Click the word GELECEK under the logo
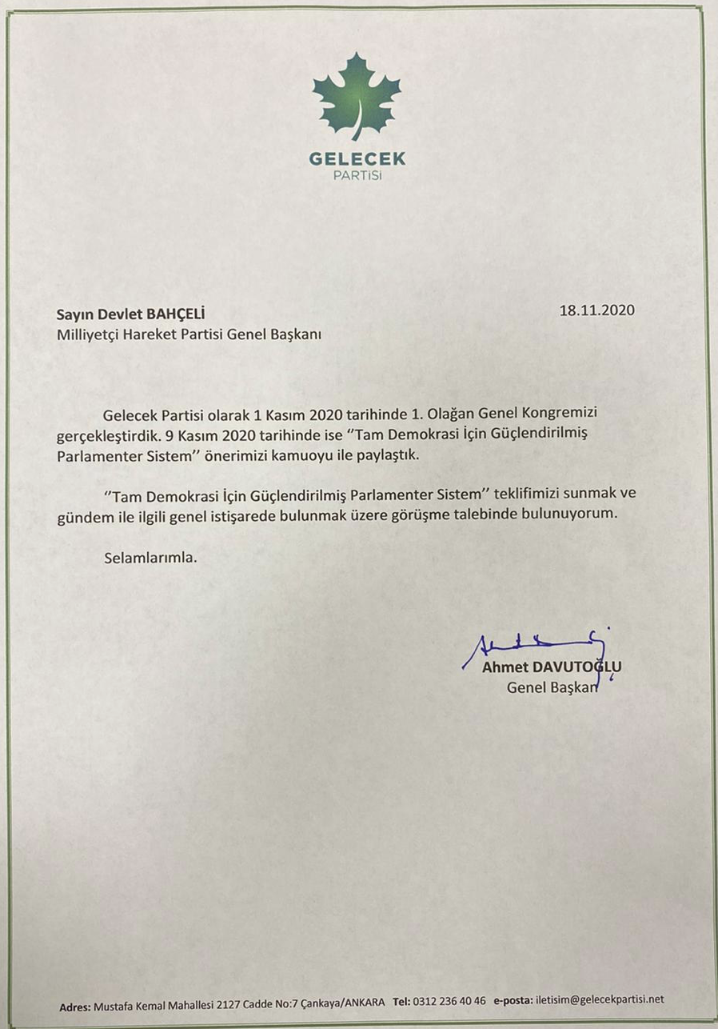pos(357,159)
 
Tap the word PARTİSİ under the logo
pos(357,175)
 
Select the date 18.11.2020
pos(597,310)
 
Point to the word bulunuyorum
pos(569,515)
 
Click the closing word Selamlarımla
pos(150,557)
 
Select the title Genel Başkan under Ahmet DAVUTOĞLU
pos(552,687)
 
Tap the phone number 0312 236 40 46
pos(451,1001)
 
